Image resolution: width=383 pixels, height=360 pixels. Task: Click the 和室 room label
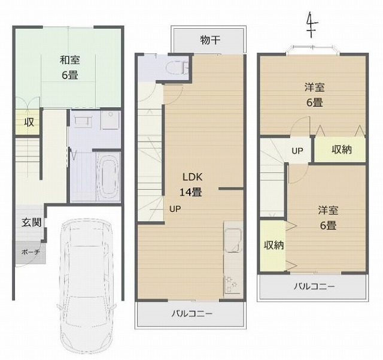pyautogui.click(x=70, y=60)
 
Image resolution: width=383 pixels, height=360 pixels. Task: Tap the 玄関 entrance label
pyautogui.click(x=31, y=222)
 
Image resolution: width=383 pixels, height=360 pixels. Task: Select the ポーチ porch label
pyautogui.click(x=31, y=252)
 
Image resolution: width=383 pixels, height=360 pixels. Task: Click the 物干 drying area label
pyautogui.click(x=210, y=40)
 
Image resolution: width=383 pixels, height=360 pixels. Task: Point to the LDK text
pyautogui.click(x=193, y=177)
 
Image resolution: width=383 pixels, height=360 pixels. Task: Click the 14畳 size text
pyautogui.click(x=191, y=192)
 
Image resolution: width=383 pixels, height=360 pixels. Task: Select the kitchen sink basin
pyautogui.click(x=233, y=240)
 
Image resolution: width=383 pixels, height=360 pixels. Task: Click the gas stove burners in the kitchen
pyautogui.click(x=231, y=285)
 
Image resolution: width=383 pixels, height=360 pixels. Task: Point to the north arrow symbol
pyautogui.click(x=311, y=25)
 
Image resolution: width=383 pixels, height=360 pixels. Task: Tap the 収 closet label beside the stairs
pyautogui.click(x=29, y=122)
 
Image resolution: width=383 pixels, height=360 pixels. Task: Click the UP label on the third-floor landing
pyautogui.click(x=297, y=151)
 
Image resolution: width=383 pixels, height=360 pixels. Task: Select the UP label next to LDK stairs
pyautogui.click(x=175, y=209)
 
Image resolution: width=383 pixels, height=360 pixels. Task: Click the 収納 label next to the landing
pyautogui.click(x=342, y=149)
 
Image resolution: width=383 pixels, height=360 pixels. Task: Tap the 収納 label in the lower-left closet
pyautogui.click(x=274, y=245)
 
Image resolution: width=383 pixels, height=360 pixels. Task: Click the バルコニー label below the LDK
pyautogui.click(x=191, y=313)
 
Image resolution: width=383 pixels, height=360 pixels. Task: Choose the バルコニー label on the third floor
pyautogui.click(x=314, y=286)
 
